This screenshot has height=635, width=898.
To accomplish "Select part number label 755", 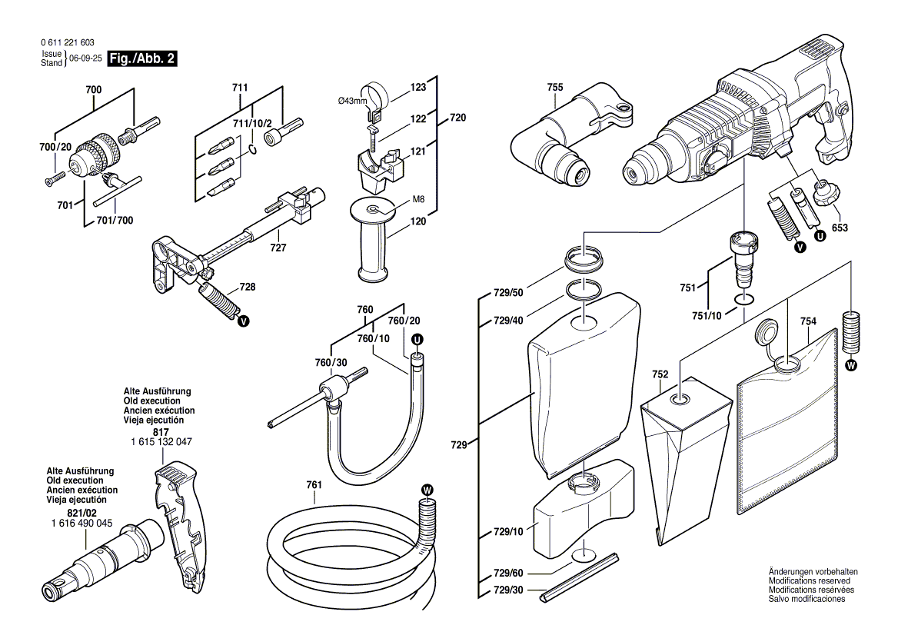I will (x=555, y=88).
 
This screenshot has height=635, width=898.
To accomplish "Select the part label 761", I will (x=314, y=485).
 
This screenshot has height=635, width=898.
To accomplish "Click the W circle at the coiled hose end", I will (x=427, y=489).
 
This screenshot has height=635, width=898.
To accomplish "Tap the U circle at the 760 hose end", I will (x=417, y=339).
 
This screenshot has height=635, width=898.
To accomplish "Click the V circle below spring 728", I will (x=244, y=321).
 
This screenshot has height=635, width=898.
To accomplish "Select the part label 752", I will (x=660, y=374).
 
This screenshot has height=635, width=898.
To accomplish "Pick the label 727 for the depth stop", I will (x=278, y=248).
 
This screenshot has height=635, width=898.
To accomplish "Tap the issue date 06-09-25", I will (x=85, y=58).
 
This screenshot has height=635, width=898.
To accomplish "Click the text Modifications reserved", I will (x=810, y=580).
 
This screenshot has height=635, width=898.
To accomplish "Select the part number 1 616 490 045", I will (x=79, y=523).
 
